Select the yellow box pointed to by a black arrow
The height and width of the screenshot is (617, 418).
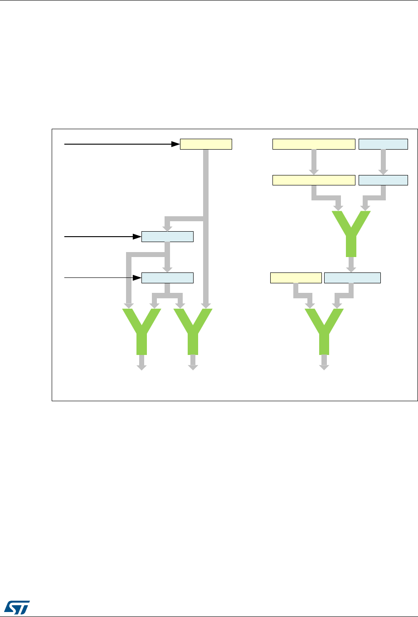click(206, 144)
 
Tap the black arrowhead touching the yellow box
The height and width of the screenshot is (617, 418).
click(176, 144)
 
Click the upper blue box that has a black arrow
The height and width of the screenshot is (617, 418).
click(167, 237)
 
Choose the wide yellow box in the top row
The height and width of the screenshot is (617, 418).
click(313, 144)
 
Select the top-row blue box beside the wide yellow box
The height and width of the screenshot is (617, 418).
click(383, 144)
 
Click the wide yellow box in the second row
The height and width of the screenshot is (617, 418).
click(313, 180)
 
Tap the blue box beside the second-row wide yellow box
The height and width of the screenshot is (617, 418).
click(383, 180)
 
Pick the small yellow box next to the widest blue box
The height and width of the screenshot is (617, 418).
click(296, 278)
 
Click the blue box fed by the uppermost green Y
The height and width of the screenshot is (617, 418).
click(352, 278)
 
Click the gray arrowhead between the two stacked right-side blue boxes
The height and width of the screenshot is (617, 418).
click(383, 171)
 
